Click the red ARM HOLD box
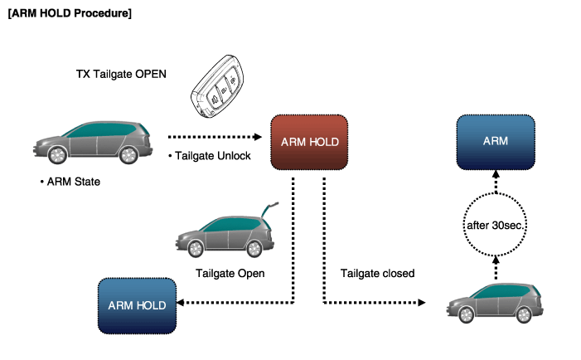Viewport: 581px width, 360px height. click(x=309, y=143)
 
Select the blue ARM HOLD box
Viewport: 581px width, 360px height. click(x=137, y=306)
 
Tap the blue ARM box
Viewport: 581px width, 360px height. click(x=496, y=142)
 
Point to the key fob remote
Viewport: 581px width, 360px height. click(x=217, y=87)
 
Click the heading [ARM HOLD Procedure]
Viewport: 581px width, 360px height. click(x=70, y=13)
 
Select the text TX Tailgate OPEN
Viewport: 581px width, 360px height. click(x=121, y=74)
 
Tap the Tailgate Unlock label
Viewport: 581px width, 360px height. click(x=213, y=156)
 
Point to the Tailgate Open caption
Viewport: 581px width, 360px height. click(x=230, y=274)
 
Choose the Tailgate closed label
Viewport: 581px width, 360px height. click(x=378, y=274)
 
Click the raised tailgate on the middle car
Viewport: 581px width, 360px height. click(x=269, y=210)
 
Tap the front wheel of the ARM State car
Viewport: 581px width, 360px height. click(x=57, y=154)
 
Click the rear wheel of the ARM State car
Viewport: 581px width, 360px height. click(x=128, y=154)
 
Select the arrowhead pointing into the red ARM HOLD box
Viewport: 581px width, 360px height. click(x=258, y=137)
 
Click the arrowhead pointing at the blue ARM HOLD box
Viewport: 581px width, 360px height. click(x=181, y=303)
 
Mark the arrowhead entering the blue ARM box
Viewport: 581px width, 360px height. click(x=496, y=174)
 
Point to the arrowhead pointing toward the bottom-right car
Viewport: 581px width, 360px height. click(x=421, y=303)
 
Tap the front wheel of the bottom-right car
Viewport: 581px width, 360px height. click(x=466, y=314)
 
